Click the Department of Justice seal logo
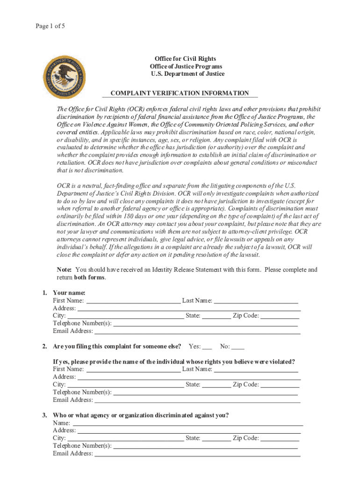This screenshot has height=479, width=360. click(x=64, y=74)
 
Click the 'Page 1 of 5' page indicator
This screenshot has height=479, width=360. click(x=50, y=26)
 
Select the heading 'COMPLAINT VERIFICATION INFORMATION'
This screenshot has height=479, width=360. click(x=180, y=94)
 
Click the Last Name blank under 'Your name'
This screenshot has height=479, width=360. click(x=256, y=301)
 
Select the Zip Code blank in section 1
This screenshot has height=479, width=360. click(x=280, y=316)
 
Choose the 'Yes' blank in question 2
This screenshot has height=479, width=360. click(x=207, y=347)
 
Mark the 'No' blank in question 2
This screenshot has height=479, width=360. click(x=238, y=347)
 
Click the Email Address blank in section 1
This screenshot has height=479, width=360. click(x=197, y=331)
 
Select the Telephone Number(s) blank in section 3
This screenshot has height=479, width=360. click(x=206, y=446)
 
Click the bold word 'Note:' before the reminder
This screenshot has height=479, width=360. click(x=64, y=270)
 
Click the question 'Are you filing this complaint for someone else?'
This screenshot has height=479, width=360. click(x=117, y=347)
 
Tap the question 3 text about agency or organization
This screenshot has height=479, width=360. click(x=141, y=415)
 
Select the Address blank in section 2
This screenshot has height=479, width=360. click(x=189, y=377)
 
